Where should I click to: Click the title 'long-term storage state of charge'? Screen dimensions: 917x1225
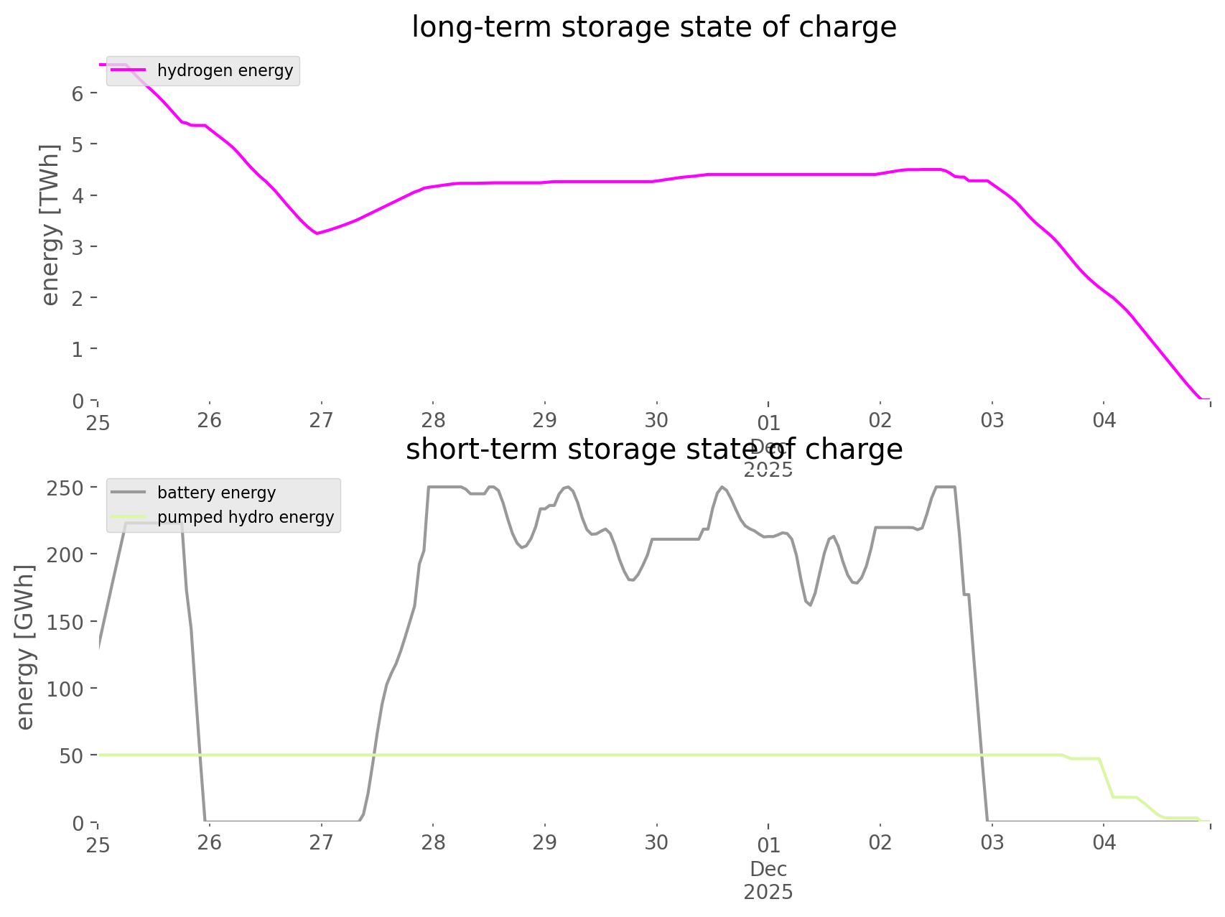click(x=653, y=27)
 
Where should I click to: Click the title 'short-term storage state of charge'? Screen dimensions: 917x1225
click(x=653, y=450)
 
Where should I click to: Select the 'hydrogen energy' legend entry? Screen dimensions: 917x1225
click(x=225, y=70)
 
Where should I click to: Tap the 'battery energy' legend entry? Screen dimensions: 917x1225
click(x=216, y=493)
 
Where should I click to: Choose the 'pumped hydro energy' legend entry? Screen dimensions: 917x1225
click(x=246, y=517)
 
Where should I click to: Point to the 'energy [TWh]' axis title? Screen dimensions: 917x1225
click(x=50, y=225)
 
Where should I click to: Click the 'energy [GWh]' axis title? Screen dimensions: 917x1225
click(x=25, y=648)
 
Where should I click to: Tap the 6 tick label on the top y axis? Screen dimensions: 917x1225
click(x=78, y=93)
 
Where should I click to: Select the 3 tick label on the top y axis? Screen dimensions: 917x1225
click(x=78, y=246)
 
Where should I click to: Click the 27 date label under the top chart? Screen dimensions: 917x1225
click(x=321, y=420)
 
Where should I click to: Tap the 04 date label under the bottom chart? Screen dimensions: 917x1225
click(x=1104, y=842)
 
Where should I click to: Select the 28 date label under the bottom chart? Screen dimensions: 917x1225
click(x=433, y=842)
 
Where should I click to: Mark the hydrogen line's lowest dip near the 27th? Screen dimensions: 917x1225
click(x=317, y=233)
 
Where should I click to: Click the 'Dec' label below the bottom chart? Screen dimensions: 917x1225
click(x=768, y=870)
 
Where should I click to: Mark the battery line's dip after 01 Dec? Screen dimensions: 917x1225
click(x=810, y=605)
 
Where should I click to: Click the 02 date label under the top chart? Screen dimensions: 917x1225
click(x=880, y=420)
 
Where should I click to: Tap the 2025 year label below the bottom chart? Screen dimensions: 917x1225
click(x=768, y=893)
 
